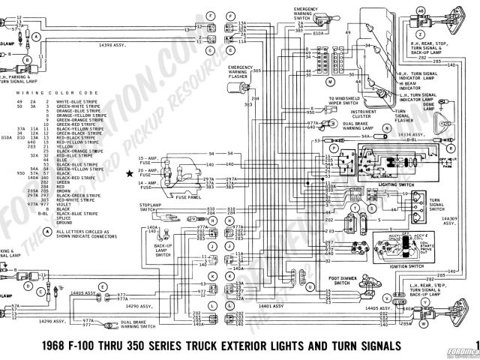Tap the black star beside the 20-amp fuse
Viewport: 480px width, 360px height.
130,173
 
